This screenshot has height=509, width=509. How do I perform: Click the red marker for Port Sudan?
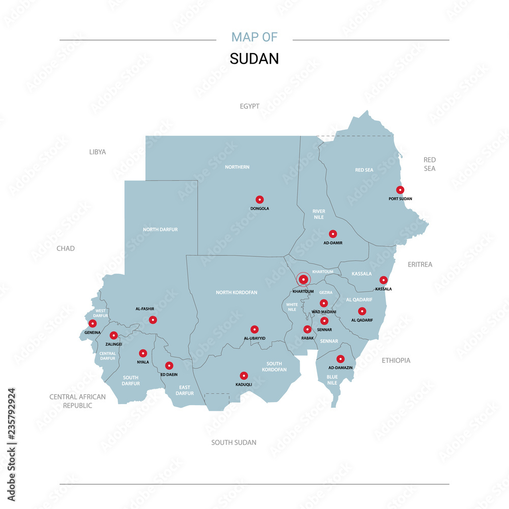(x=400, y=190)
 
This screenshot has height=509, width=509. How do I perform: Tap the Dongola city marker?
(x=260, y=200)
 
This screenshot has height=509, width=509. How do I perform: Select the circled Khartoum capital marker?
(x=303, y=279)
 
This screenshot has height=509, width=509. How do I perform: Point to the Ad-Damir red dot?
(x=333, y=234)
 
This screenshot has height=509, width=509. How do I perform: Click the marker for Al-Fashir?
(x=153, y=320)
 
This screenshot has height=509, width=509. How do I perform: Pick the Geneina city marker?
(x=93, y=323)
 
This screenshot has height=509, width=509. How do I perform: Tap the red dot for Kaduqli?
(x=244, y=376)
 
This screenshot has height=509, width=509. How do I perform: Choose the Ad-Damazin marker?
(x=341, y=359)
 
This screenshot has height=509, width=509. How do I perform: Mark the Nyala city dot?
(x=143, y=353)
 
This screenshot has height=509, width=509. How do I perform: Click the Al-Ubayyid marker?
(x=254, y=329)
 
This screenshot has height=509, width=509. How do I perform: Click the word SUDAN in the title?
(x=254, y=59)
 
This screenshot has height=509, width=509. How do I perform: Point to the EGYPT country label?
(x=249, y=106)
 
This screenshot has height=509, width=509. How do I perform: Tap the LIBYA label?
(x=98, y=152)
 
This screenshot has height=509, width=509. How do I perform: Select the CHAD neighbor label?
(x=66, y=248)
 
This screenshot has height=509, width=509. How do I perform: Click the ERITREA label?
(x=420, y=265)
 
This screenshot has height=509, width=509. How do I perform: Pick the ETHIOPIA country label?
(x=396, y=360)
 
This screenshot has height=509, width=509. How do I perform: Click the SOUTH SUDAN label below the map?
(x=234, y=442)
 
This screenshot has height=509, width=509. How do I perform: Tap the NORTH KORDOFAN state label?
(x=237, y=293)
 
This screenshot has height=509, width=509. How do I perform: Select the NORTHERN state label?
(x=237, y=167)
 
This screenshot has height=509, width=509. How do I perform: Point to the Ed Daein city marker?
(x=169, y=365)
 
